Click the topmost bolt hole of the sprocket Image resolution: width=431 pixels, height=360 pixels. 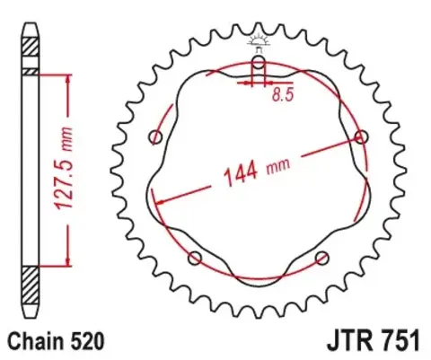259,62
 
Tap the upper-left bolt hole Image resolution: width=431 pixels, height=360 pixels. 156,137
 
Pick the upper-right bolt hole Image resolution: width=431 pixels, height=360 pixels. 361,136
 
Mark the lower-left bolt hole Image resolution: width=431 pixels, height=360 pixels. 195,259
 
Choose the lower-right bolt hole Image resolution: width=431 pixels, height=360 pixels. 322,259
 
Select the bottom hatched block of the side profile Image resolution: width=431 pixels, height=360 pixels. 31,290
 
